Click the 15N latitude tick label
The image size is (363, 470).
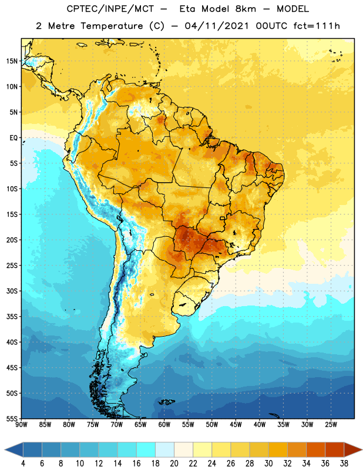coord(12,61)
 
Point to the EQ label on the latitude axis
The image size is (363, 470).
coord(14,138)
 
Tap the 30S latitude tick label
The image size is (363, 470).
coord(12,291)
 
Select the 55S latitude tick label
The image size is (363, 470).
coord(12,419)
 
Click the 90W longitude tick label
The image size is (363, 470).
coord(21,425)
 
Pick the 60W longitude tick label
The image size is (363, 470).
coord(164,425)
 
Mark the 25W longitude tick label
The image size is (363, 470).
coord(331,425)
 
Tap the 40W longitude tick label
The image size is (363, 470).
coord(260,425)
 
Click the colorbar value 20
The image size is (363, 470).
coord(174,464)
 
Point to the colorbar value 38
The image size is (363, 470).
coord(344,464)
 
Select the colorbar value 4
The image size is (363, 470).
coord(23,464)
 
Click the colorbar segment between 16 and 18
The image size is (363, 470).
coord(146,449)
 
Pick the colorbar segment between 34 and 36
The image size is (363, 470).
coord(316,449)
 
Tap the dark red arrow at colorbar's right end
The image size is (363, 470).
coord(353,449)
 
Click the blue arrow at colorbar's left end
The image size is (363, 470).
coord(14,449)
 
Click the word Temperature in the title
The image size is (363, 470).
coord(112,26)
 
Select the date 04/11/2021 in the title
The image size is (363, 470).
coord(216,26)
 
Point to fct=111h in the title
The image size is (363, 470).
coord(317,26)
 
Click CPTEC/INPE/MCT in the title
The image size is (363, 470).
coord(110,9)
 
